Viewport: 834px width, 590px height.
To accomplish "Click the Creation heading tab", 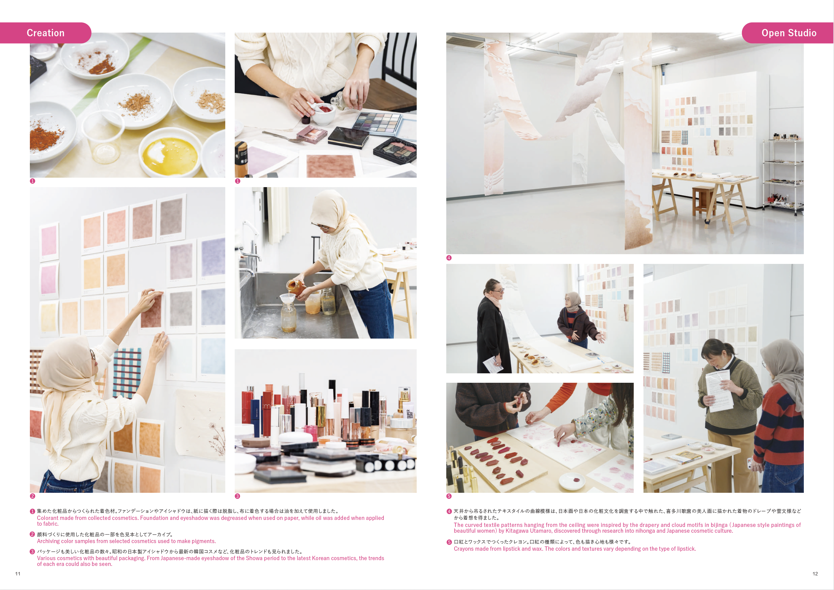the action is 45,33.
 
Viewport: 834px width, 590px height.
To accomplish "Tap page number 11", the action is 18,574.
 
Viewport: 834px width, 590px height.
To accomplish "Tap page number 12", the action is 815,574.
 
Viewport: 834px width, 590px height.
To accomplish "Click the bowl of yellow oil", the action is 170,155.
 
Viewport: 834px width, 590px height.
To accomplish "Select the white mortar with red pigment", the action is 324,112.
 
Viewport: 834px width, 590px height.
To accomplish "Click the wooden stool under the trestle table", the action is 704,202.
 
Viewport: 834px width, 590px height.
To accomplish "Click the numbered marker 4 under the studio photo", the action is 449,258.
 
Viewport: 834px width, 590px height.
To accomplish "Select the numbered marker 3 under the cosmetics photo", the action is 237,496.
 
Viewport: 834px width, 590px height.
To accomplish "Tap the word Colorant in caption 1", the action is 48,518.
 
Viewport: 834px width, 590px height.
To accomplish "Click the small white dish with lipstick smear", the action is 572,481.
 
